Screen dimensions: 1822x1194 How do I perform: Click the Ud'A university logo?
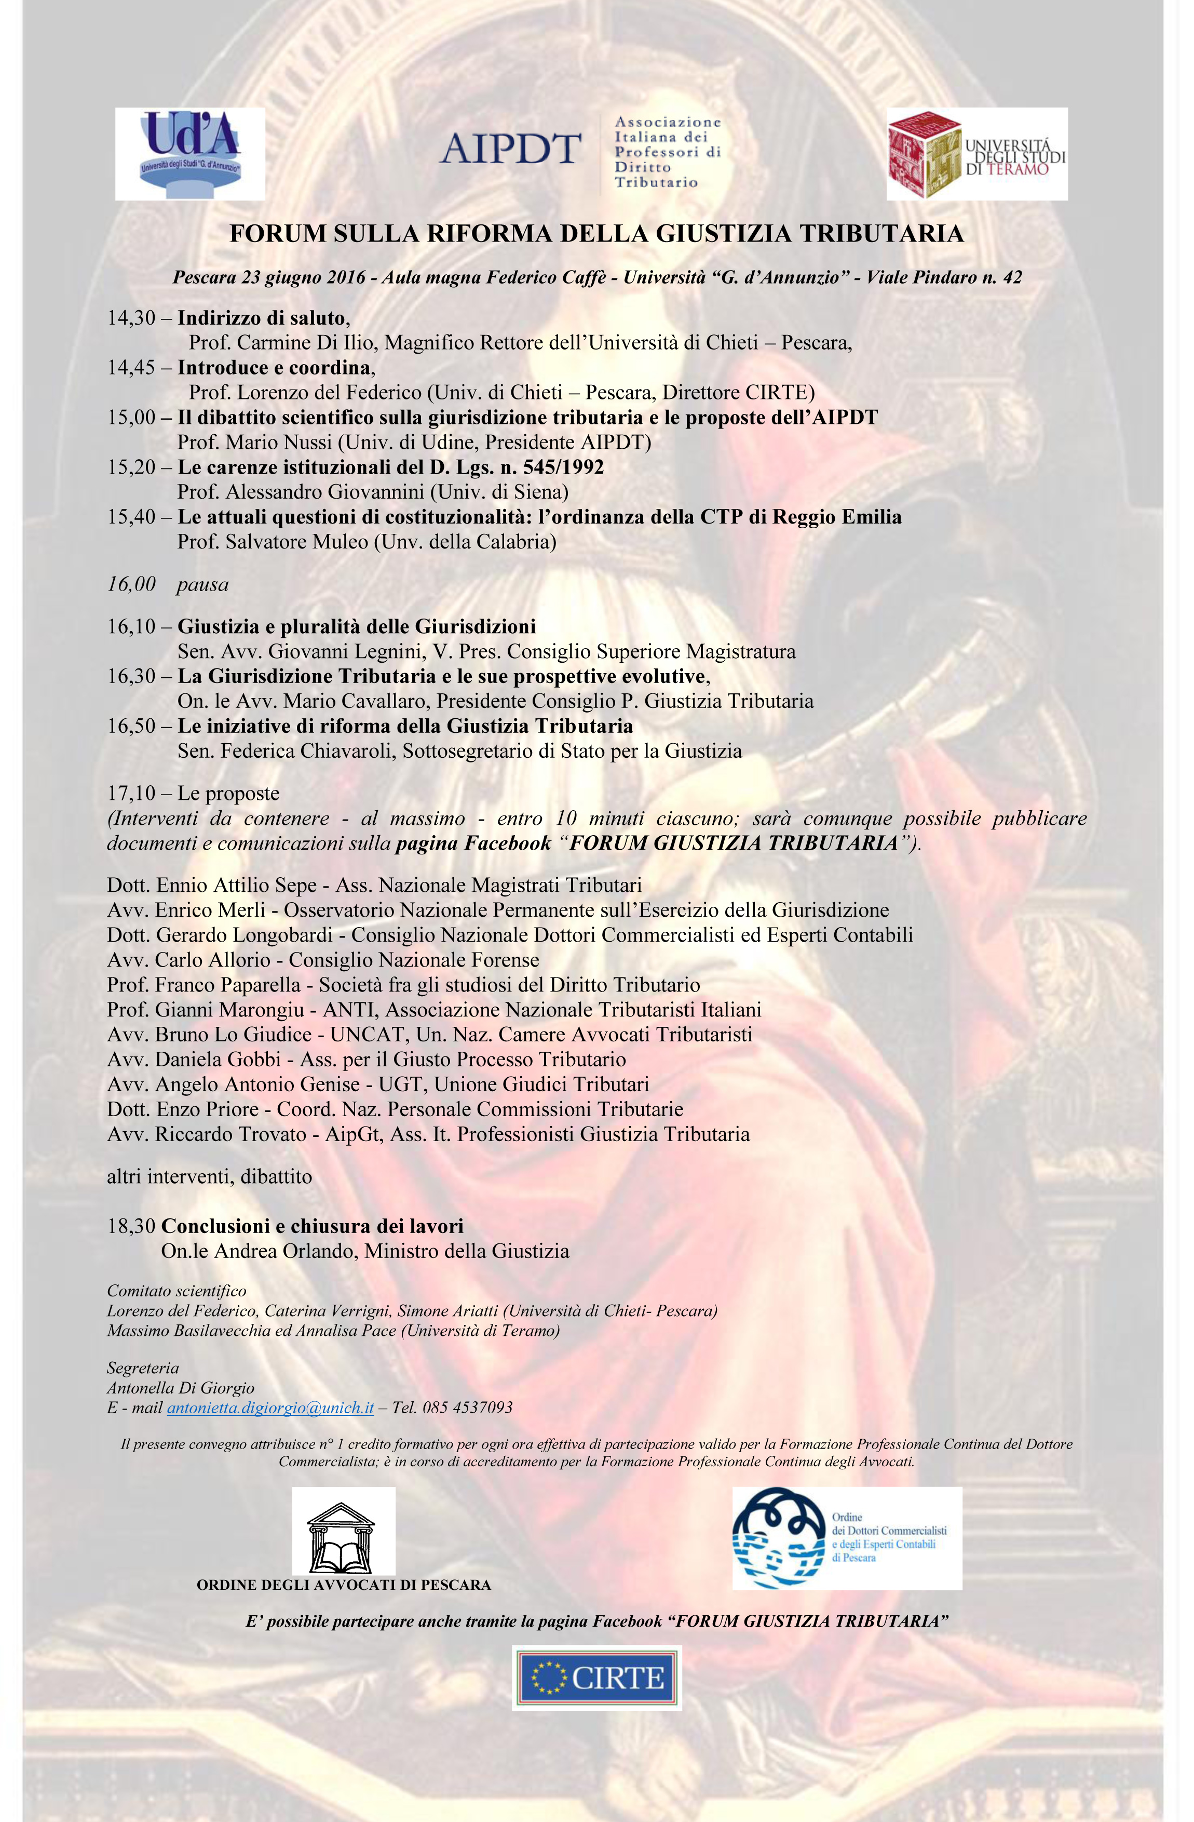(190, 153)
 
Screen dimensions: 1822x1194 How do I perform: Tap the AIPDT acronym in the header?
(510, 149)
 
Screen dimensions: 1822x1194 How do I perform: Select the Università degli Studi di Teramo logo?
(976, 154)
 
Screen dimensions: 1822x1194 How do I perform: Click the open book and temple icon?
(343, 1532)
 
